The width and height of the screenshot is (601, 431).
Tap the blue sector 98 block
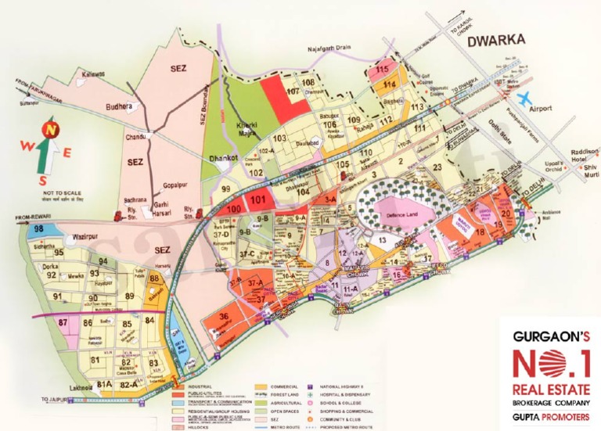38,228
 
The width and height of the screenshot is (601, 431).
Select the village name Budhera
120,108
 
